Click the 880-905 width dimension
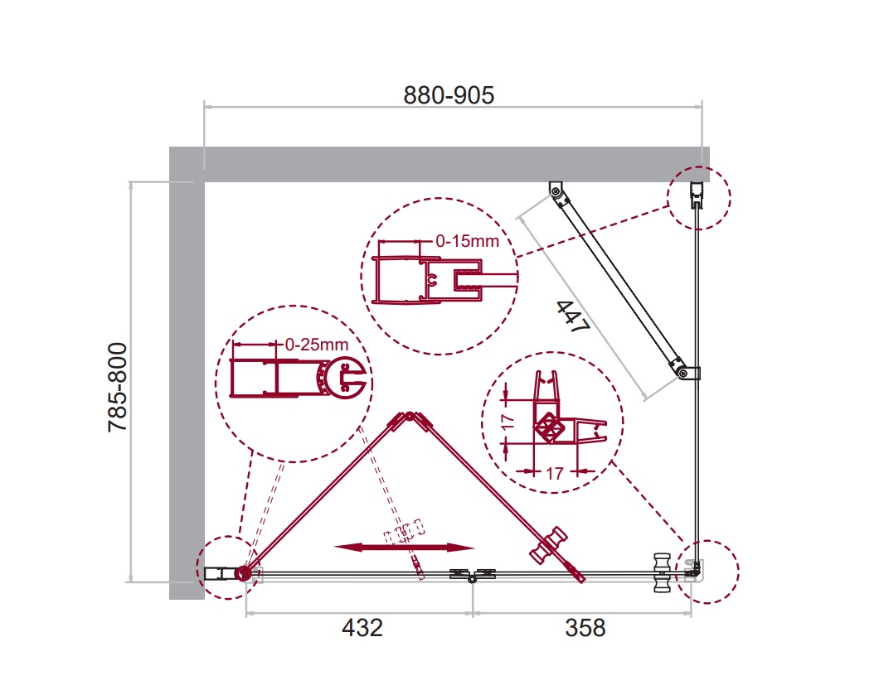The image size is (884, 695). pos(449,95)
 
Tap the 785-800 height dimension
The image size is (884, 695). pos(117,387)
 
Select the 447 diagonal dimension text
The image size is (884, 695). pos(573,316)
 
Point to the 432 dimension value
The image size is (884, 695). pos(362,627)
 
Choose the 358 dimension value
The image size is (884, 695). pos(585,627)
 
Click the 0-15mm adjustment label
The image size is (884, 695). pos(468,241)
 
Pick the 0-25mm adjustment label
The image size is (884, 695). pos(316,344)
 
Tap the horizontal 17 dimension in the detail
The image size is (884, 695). pos(555,473)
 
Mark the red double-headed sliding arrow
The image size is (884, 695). pos(404,547)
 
